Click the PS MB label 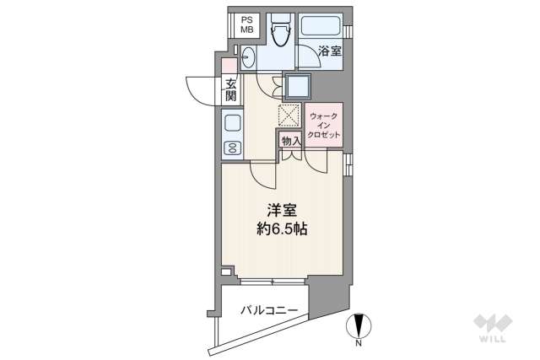(246, 25)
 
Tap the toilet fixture (283, 31)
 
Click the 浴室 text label (330, 52)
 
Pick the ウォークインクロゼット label (324, 125)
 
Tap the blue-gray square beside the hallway (298, 87)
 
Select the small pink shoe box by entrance (229, 66)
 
